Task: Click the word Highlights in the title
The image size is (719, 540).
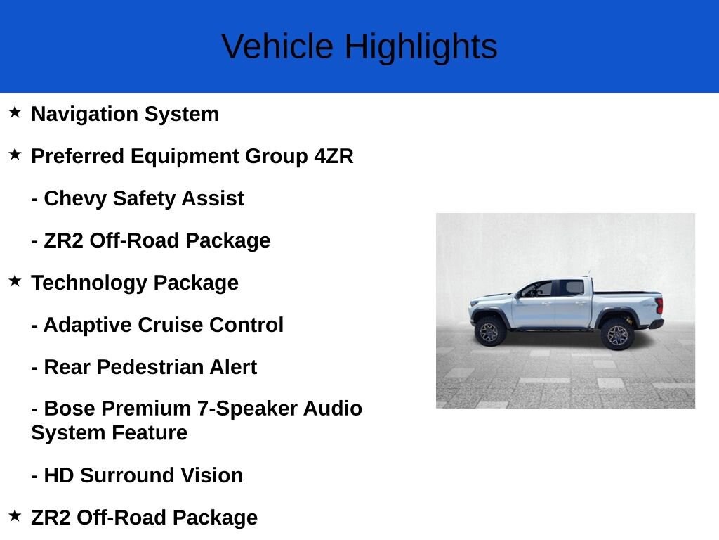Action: coord(421,47)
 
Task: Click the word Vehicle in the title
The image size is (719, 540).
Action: coord(277,46)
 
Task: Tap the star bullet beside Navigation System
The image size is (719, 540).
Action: coord(15,112)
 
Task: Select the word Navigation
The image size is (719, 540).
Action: coord(84,115)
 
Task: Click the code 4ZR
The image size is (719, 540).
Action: coord(334,156)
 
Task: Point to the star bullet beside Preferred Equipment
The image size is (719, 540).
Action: coord(15,154)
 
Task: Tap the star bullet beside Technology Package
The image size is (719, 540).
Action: coord(15,281)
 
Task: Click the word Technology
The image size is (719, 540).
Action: coord(88,283)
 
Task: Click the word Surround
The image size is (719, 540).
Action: coord(127,475)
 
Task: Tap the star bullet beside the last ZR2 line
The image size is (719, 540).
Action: coord(15,515)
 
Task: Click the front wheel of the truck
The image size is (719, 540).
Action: coord(489,332)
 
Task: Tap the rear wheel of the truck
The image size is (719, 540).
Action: coord(617,335)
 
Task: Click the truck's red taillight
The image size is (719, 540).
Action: coord(659,306)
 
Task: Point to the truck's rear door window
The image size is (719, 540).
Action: coord(571,288)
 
